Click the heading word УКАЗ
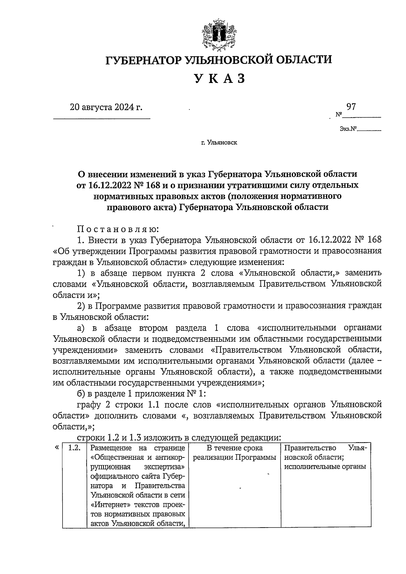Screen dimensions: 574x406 coord(219,79)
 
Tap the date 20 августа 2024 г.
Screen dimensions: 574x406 coord(106,108)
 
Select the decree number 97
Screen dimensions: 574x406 coord(351,107)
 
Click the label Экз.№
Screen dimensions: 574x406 coord(349,129)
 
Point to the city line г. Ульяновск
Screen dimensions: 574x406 coord(219,143)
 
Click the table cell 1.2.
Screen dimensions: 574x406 coord(74,448)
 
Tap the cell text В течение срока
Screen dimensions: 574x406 coord(234,448)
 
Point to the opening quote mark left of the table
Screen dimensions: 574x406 coord(57,447)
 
